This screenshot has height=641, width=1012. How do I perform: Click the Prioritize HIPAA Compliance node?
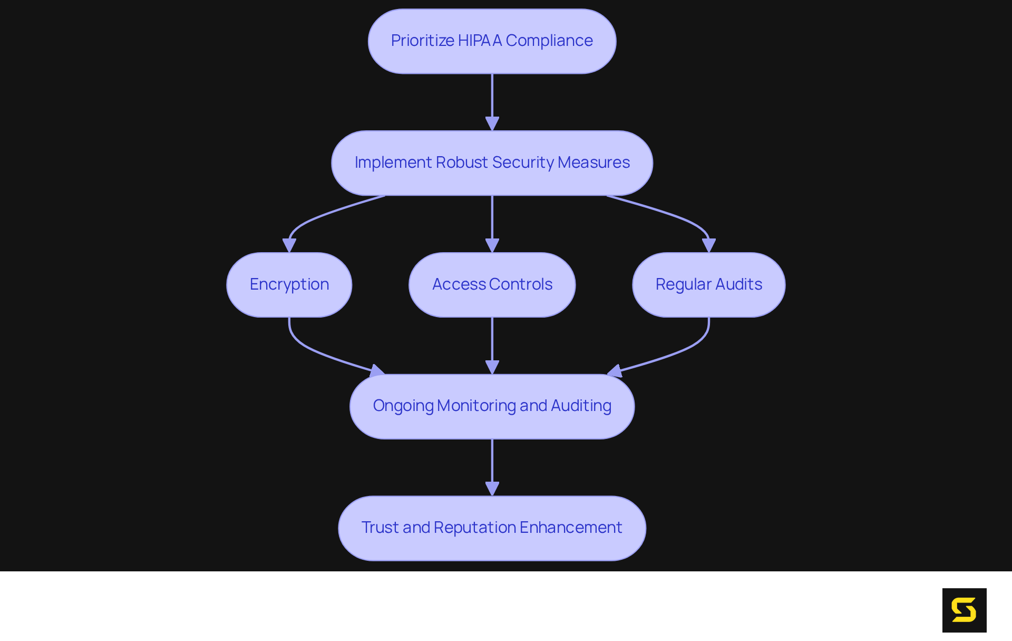pos(492,41)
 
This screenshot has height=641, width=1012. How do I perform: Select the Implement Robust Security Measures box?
pos(492,163)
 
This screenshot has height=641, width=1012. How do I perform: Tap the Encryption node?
pos(289,285)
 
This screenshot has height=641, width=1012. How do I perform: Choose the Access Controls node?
pos(492,285)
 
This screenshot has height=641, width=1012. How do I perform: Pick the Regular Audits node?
pos(708,285)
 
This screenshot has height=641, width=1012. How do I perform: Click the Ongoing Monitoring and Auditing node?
pos(492,406)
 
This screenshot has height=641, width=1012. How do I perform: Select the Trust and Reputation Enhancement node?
pos(492,528)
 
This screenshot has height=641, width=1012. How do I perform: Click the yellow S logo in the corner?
pos(964,610)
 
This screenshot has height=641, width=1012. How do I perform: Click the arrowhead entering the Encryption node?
pos(289,245)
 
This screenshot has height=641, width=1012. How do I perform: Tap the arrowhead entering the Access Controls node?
pos(492,245)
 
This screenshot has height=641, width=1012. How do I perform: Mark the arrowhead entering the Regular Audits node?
pos(708,245)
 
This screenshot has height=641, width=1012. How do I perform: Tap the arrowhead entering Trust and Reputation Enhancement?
pos(492,489)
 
